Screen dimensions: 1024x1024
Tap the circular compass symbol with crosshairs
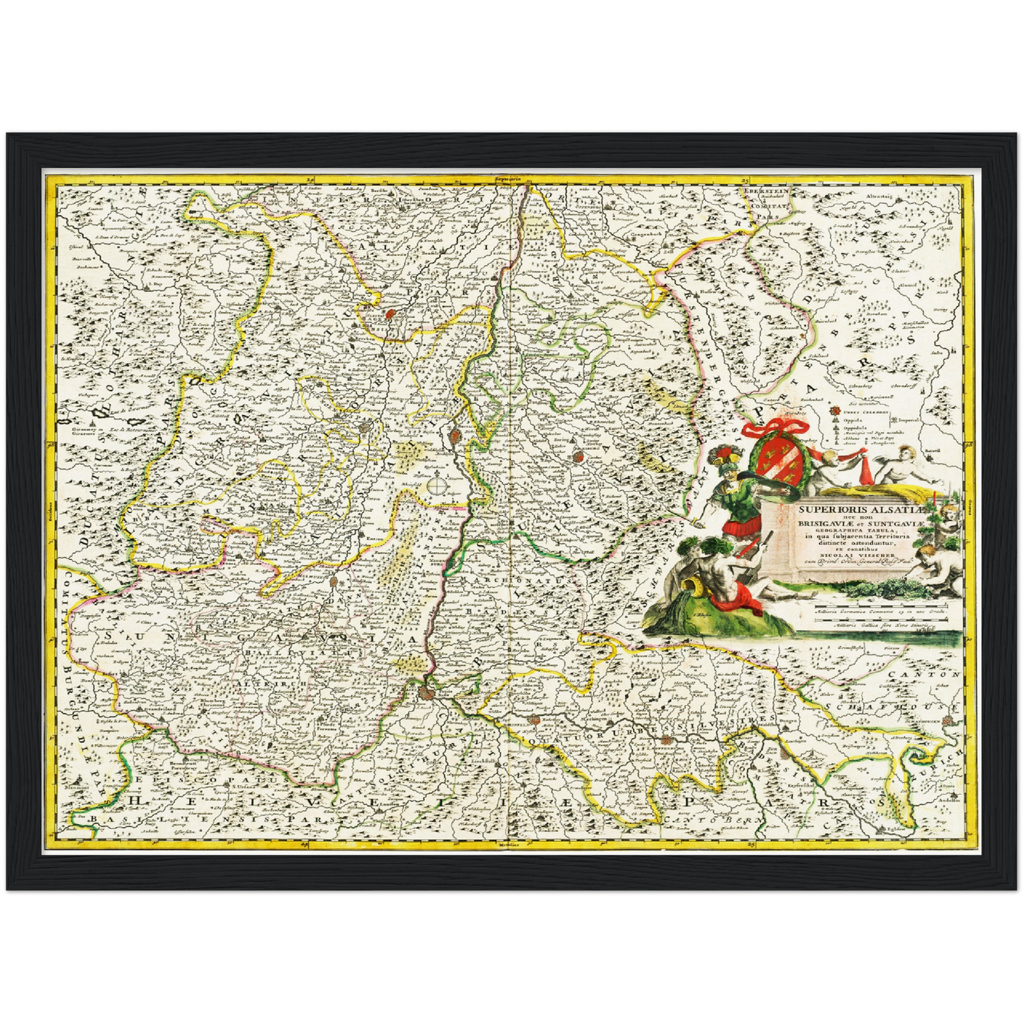tap(437, 486)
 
